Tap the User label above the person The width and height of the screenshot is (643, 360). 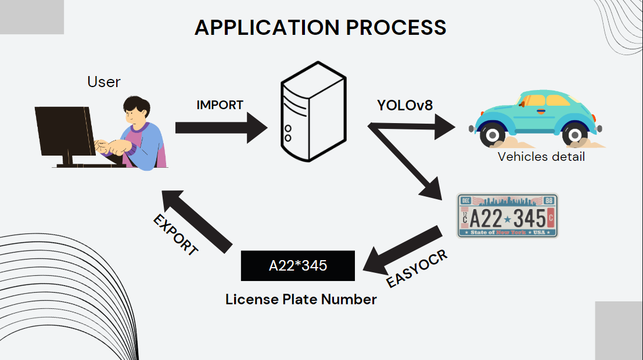click(x=104, y=82)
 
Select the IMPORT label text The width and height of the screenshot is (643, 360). click(x=220, y=105)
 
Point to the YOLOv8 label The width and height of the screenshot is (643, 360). click(x=405, y=105)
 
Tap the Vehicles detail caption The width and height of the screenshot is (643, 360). click(x=541, y=157)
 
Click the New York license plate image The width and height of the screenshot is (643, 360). click(x=508, y=215)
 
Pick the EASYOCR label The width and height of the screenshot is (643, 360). click(x=417, y=269)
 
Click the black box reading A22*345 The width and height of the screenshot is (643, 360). click(x=297, y=266)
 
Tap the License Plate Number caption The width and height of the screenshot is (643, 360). click(x=301, y=300)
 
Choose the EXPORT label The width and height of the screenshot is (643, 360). click(x=176, y=235)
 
